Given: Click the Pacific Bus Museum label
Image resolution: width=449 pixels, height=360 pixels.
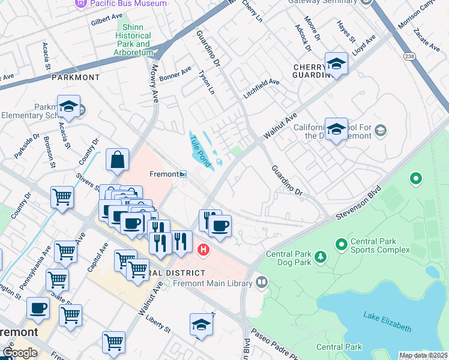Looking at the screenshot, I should (x=127, y=4).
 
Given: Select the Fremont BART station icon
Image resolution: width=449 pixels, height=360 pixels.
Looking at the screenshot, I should (x=184, y=174).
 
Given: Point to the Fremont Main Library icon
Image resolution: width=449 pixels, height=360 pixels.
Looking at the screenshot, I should (x=262, y=282).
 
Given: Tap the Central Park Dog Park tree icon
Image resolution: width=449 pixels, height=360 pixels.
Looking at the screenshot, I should (x=321, y=257).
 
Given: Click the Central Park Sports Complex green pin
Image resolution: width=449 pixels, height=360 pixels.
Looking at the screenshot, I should (x=341, y=244).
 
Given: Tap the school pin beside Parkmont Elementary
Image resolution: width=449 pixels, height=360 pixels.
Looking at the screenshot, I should (x=69, y=108).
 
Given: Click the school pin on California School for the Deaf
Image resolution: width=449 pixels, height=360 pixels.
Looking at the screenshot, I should (x=336, y=130).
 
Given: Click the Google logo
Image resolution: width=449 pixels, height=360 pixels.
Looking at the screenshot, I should (x=19, y=352).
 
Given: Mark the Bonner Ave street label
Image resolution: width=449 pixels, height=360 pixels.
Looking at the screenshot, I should (x=176, y=73).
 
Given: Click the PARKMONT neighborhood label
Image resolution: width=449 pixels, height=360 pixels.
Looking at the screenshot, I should (x=75, y=77).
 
